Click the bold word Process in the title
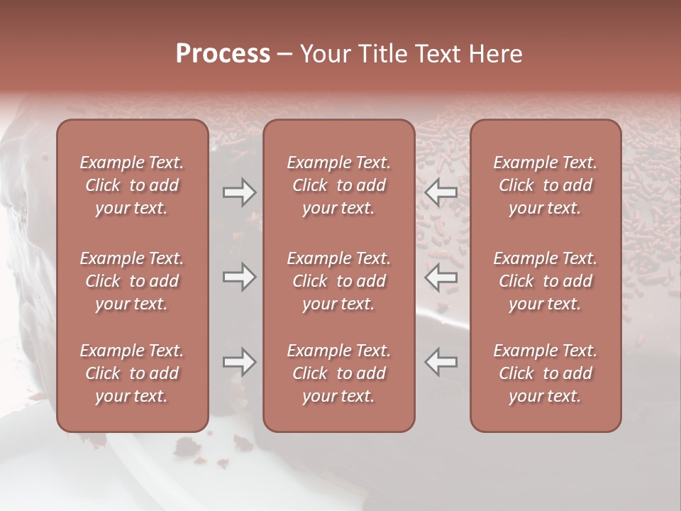223,54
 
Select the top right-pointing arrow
240,192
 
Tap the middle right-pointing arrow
240,277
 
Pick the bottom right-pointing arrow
240,362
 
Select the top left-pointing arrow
441,192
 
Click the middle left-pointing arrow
441,277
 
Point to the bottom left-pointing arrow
441,362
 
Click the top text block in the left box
132,185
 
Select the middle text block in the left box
132,281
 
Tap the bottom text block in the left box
132,373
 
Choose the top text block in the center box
338,185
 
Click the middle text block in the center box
338,281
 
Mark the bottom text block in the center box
338,373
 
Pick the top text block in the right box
545,185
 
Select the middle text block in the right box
545,281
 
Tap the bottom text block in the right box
545,373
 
